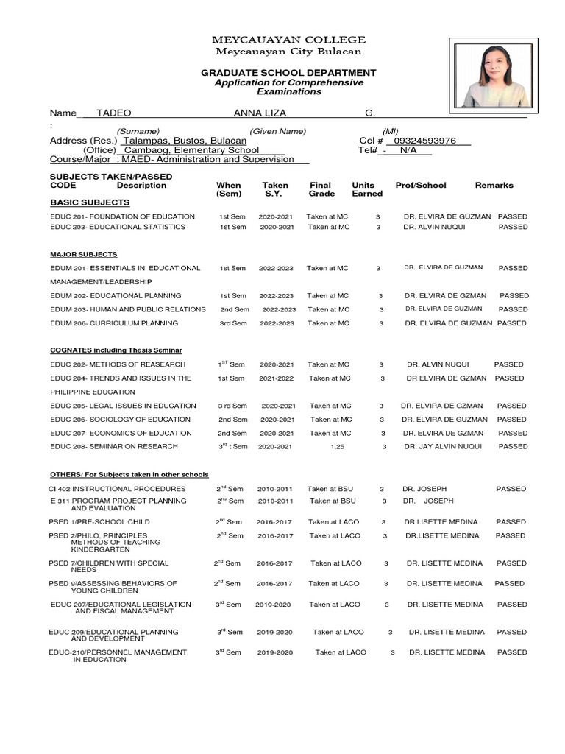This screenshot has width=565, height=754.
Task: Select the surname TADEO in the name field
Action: [113, 113]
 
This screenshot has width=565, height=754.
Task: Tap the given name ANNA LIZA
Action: [260, 113]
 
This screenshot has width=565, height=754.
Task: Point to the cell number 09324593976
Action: [425, 141]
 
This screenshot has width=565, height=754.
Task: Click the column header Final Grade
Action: [321, 189]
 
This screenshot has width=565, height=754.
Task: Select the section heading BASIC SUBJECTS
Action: [90, 202]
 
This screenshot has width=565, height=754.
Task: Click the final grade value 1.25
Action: [338, 446]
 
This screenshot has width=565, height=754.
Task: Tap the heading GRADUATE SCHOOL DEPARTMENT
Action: [288, 73]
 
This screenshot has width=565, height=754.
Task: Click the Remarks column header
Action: [494, 186]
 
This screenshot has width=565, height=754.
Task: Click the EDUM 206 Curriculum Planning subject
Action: [114, 323]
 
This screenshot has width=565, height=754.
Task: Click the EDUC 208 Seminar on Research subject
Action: [114, 446]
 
